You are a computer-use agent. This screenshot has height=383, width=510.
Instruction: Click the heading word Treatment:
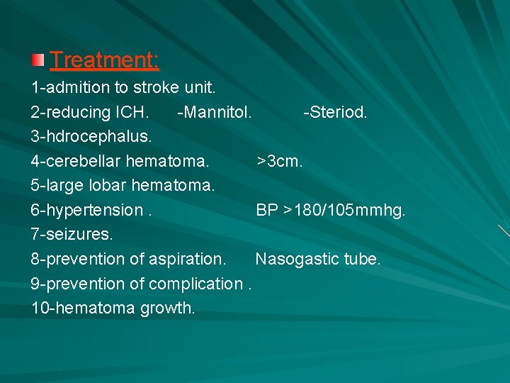pos(105,60)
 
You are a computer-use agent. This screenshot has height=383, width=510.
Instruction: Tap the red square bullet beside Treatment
pos(39,60)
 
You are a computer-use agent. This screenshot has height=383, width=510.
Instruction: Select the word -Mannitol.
pos(214,113)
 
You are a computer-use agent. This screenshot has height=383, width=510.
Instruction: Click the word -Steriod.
pos(334,113)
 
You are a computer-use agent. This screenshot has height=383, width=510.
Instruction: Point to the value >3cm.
pos(280,161)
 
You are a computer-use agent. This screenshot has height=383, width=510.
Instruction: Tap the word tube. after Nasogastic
pos(362,259)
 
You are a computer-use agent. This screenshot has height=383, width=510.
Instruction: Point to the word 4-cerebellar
pos(75,161)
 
